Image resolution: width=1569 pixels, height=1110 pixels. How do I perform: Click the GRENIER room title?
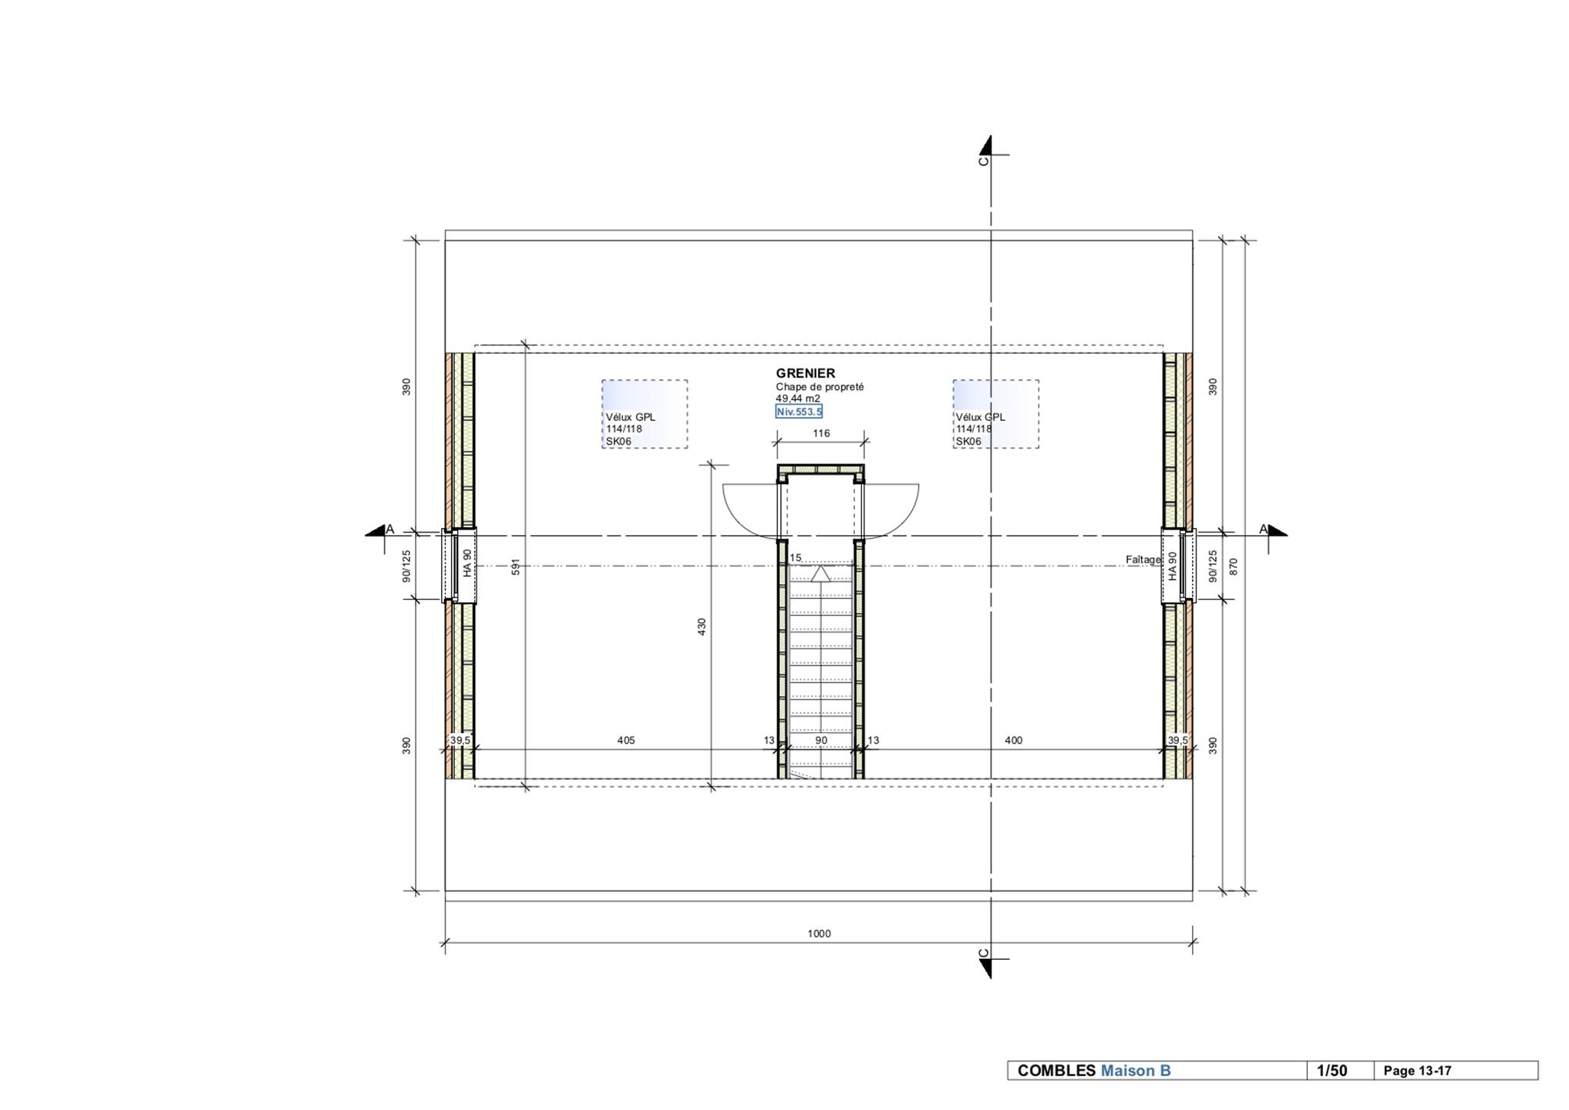click(x=805, y=373)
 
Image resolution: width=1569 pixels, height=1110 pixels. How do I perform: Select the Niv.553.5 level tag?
click(x=799, y=412)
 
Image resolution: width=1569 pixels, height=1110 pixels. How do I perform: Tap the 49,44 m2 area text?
click(x=798, y=399)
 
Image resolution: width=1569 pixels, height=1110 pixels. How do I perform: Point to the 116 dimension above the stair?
click(x=821, y=433)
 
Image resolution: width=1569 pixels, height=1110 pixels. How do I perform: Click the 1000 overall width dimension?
click(x=819, y=933)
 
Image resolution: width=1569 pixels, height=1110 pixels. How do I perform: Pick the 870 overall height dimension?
click(x=1233, y=567)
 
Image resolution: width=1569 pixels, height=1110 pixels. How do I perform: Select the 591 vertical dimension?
click(x=516, y=567)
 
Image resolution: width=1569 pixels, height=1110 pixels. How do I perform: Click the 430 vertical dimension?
click(x=702, y=627)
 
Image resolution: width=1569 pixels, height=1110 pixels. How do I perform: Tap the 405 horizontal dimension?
click(x=626, y=740)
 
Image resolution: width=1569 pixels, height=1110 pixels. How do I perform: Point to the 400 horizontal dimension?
click(x=1013, y=740)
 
